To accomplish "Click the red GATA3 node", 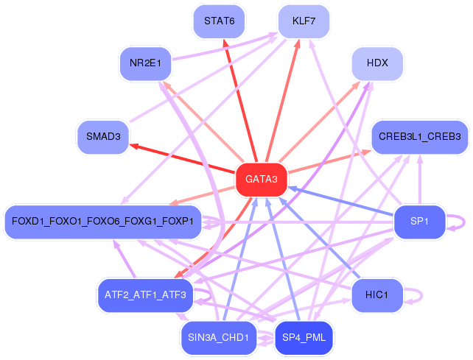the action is (x=262, y=180).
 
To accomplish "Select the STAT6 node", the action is (x=220, y=21).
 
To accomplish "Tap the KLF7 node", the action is (x=304, y=21).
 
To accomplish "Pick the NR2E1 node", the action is (x=145, y=63).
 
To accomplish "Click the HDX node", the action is (x=377, y=63).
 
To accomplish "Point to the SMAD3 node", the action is (x=103, y=137).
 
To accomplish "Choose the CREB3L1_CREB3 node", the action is (x=420, y=137).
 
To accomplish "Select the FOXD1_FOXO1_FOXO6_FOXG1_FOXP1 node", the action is (x=103, y=222).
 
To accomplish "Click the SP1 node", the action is (x=420, y=222).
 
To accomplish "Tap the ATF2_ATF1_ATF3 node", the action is (x=145, y=295).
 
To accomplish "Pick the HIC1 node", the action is (x=377, y=295).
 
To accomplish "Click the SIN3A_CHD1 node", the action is (x=219, y=338).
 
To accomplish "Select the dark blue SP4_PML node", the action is (x=304, y=338).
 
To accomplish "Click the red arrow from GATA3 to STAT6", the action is (x=240, y=101).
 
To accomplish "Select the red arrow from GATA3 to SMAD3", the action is (x=182, y=158).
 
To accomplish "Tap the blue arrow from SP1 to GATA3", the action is (x=341, y=202).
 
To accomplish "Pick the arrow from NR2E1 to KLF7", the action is (x=225, y=46).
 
